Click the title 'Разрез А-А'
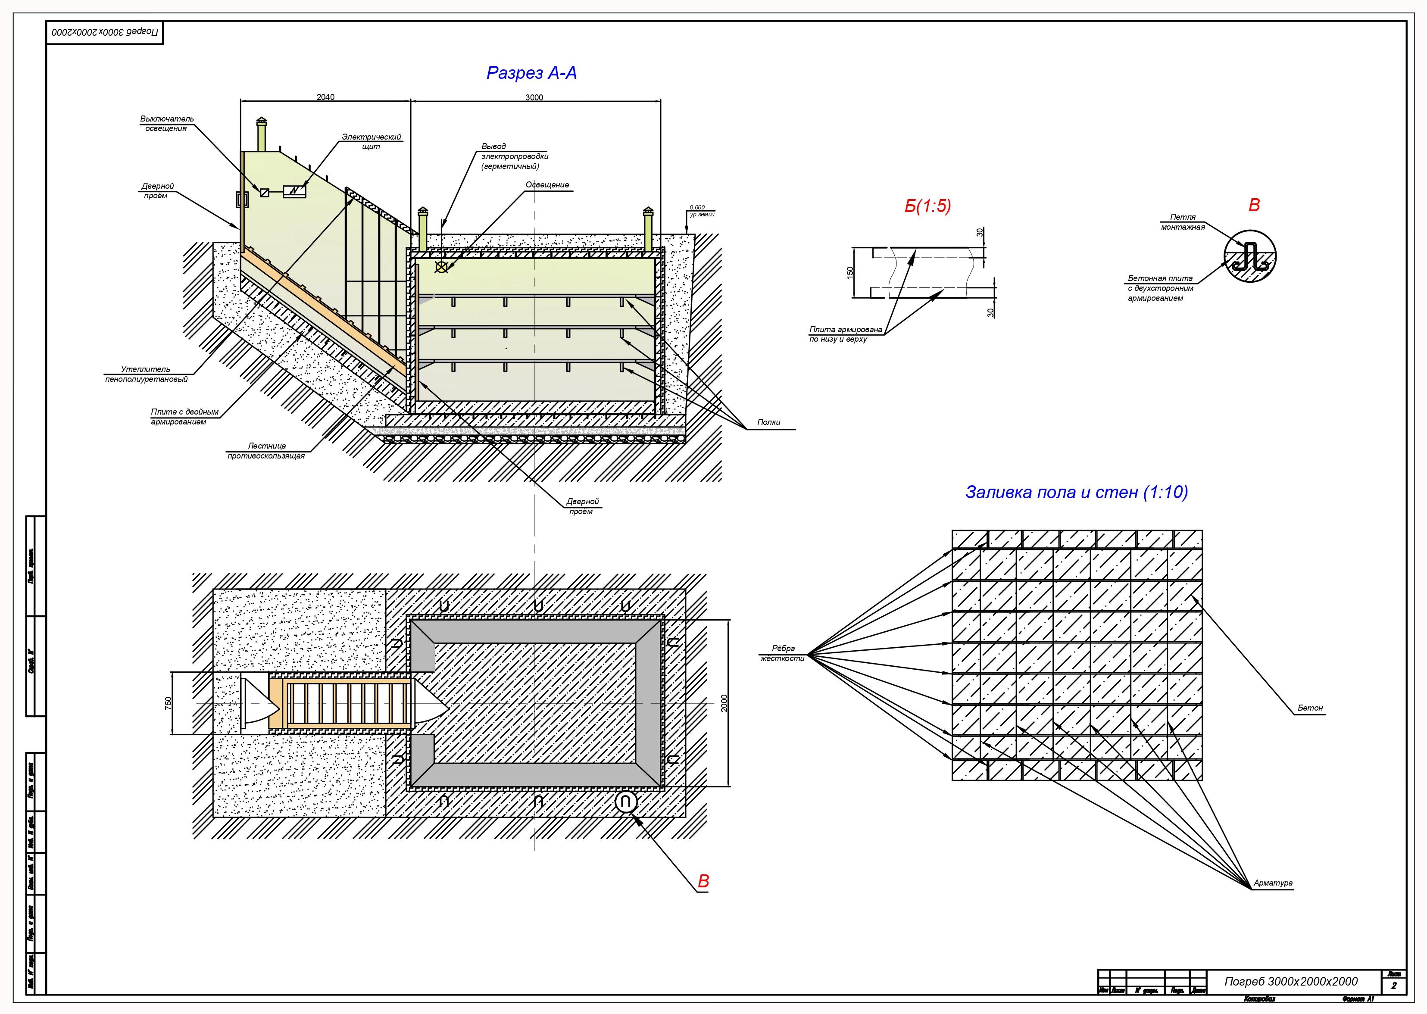(x=531, y=74)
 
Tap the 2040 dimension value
(x=325, y=97)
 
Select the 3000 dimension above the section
(x=534, y=97)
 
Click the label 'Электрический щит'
(x=371, y=141)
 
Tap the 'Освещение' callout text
(x=547, y=185)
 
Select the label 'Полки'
(x=769, y=422)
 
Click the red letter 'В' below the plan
(x=703, y=881)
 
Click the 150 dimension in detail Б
(x=850, y=273)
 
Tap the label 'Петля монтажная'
(x=1183, y=222)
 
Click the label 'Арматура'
(x=1273, y=883)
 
